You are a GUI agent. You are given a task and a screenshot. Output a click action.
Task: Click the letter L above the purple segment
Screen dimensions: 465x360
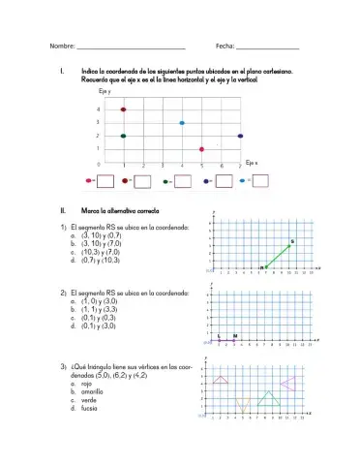click(x=220, y=335)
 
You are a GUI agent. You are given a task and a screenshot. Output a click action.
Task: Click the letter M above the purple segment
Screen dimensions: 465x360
click(x=235, y=335)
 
